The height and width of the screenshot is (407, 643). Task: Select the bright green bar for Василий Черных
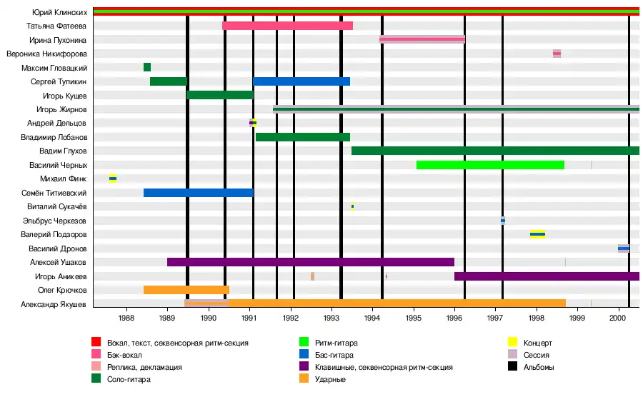coord(490,165)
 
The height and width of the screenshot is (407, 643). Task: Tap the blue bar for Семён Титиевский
coord(198,193)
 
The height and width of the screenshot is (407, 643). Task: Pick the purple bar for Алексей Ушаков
coord(310,262)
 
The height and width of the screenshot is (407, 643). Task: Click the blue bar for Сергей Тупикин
coord(301,81)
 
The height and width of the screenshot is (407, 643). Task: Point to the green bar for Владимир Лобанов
coord(302,137)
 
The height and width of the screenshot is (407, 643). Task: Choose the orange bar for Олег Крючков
coord(186,290)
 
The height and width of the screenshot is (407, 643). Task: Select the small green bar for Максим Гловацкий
coord(147,67)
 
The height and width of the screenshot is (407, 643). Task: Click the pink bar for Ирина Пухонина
coord(422,39)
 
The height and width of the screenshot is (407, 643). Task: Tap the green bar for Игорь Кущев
coord(220,95)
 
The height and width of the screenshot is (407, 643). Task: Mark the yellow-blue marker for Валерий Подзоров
coord(537,234)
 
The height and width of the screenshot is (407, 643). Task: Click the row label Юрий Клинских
coord(61,12)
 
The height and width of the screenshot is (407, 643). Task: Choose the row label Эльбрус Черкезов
coord(57,221)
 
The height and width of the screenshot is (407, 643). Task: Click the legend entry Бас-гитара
coord(334,355)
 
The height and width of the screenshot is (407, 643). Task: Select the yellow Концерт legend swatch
coord(512,343)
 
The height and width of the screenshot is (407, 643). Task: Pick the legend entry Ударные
coord(330,379)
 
